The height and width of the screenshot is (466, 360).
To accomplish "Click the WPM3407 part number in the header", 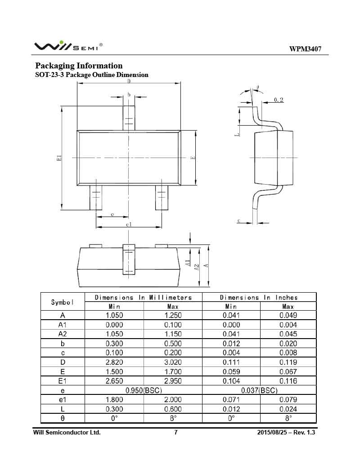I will click(305, 49).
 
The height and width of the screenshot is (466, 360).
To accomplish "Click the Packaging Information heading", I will click(79, 66).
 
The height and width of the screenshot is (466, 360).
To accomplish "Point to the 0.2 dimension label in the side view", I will click(279, 100).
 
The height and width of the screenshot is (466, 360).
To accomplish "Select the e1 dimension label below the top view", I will click(129, 224).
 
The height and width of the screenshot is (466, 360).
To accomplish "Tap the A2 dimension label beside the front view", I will click(197, 266).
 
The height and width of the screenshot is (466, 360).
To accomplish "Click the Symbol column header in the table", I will click(63, 302).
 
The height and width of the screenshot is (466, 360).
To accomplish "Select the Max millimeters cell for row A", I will click(173, 315).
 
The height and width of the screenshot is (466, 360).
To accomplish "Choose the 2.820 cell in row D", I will click(114, 362).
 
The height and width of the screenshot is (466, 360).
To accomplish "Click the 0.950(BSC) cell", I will click(144, 390).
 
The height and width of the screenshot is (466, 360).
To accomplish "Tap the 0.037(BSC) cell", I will click(259, 390).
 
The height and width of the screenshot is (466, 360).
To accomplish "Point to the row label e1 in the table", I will click(63, 400).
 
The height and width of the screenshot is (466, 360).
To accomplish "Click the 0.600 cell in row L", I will click(173, 409).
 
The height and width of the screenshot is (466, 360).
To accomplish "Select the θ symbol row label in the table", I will click(63, 418).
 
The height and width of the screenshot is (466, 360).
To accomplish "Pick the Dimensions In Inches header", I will click(259, 297).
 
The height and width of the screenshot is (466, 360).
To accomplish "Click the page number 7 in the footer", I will click(176, 433).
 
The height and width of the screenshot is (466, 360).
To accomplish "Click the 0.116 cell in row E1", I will click(288, 381).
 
